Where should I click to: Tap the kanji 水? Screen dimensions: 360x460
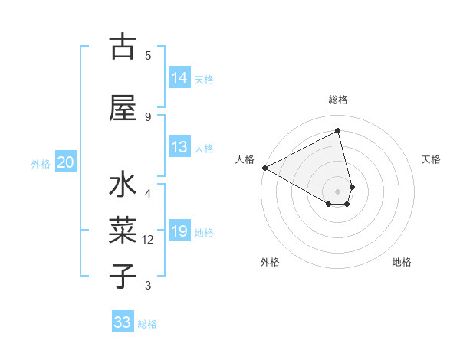tap(123, 186)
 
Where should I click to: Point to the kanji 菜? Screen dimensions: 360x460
tap(123, 230)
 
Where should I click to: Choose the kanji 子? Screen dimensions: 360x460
tap(123, 275)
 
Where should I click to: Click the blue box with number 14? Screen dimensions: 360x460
tap(179, 78)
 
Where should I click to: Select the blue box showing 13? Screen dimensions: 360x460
tap(179, 148)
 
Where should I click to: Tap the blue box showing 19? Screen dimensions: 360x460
tap(179, 231)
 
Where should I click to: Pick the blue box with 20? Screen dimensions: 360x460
tap(66, 162)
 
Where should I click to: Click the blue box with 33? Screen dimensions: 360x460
tap(123, 322)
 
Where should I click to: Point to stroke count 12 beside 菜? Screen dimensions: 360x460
tap(148, 240)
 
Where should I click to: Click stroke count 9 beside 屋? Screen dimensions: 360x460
tap(148, 116)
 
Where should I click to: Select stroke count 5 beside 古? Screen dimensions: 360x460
tap(148, 55)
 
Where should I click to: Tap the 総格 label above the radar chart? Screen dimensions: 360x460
tap(338, 100)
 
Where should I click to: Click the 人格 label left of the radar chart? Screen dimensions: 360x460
tap(245, 159)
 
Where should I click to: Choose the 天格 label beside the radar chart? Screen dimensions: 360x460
tap(432, 159)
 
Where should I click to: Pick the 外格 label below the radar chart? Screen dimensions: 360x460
tap(270, 262)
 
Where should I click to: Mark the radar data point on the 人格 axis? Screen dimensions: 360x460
tap(264, 168)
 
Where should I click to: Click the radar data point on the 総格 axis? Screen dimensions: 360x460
tap(338, 131)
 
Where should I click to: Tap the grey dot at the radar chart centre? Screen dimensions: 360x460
tap(338, 191)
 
